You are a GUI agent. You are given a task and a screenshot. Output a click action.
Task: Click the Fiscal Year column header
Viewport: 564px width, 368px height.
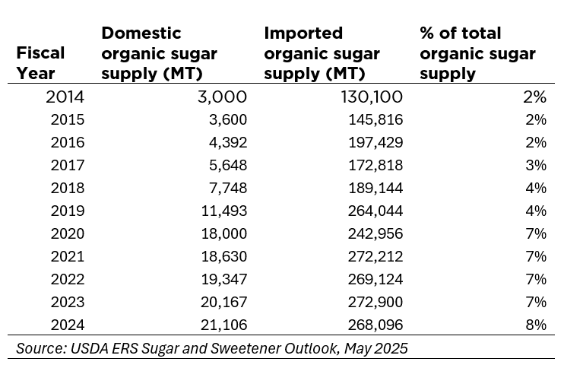coord(40,63)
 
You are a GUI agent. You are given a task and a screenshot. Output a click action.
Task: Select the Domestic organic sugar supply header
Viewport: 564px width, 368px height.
coord(159,53)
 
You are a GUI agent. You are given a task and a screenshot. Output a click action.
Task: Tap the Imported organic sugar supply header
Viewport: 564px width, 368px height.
coord(315,53)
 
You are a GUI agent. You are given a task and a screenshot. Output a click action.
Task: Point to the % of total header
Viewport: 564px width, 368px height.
coord(477,53)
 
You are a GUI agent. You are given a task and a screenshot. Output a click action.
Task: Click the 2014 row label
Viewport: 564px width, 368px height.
coord(65,97)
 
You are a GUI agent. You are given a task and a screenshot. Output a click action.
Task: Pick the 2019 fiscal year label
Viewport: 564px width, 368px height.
coord(68,211)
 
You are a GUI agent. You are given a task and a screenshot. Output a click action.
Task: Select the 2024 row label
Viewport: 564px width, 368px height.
coord(68,325)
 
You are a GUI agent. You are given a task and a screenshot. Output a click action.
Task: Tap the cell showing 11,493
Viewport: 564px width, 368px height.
coord(223,211)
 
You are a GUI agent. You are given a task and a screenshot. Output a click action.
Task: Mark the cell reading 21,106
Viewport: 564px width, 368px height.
coord(223,325)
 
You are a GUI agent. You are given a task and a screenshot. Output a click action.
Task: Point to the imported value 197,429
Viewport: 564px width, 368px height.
coord(372,142)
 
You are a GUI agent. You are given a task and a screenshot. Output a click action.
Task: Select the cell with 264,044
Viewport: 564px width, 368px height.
coord(372,211)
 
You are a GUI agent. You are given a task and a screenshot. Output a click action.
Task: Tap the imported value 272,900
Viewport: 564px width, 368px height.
coord(372,302)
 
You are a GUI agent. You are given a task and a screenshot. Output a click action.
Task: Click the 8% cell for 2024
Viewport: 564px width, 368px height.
coord(536,325)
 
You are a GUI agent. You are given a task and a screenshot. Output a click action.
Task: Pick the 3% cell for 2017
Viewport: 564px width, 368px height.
coord(536,165)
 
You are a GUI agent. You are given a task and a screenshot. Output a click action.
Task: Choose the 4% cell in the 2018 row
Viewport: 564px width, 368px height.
coord(536,188)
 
